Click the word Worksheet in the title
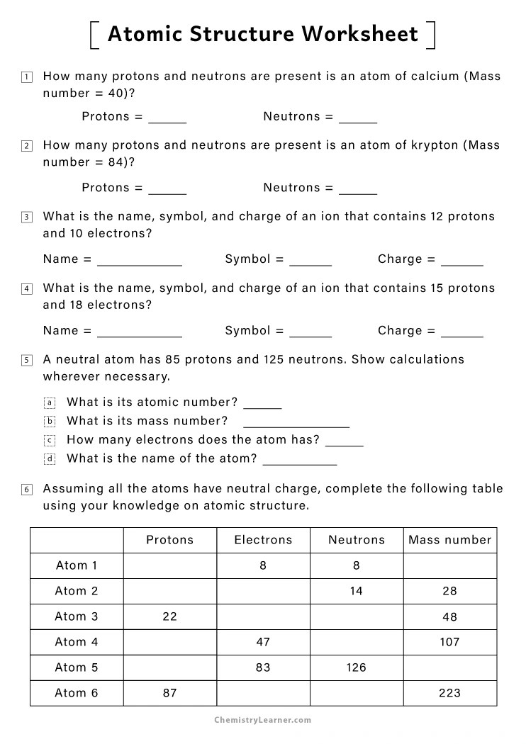[x=361, y=33]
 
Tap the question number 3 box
[x=27, y=217]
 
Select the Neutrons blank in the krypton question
[x=357, y=190]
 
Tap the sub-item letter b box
[x=50, y=422]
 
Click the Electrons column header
[x=263, y=540]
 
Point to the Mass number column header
[x=449, y=540]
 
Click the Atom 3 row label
[x=77, y=616]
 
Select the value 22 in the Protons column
[x=169, y=616]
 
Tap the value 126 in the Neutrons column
[x=356, y=667]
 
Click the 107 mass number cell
[x=449, y=642]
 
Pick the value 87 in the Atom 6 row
[x=169, y=693]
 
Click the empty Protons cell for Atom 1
[x=169, y=565]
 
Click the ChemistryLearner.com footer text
[x=262, y=720]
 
